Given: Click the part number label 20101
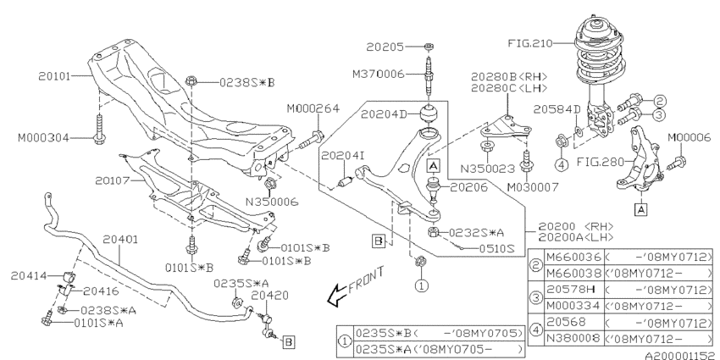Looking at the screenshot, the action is click(x=54, y=75).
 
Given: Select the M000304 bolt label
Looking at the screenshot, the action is click(x=43, y=137).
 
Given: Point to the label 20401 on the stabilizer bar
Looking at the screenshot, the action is click(x=119, y=239).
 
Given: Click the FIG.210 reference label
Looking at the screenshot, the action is click(x=530, y=43).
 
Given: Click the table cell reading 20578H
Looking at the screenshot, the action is click(x=568, y=290).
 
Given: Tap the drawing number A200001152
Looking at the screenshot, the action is click(x=682, y=355).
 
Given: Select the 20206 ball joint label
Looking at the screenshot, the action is click(x=468, y=187).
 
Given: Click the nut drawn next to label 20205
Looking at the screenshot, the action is click(x=429, y=46).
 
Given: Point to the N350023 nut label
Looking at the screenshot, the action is click(x=488, y=169).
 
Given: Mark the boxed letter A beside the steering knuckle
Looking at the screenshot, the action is click(x=641, y=209).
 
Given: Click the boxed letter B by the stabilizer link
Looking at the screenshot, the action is click(x=288, y=341).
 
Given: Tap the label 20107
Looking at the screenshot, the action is click(x=112, y=180).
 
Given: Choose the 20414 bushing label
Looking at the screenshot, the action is click(x=29, y=275).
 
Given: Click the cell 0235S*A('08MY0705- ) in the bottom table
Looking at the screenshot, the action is click(x=439, y=349).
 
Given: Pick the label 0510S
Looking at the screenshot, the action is click(x=496, y=249).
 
